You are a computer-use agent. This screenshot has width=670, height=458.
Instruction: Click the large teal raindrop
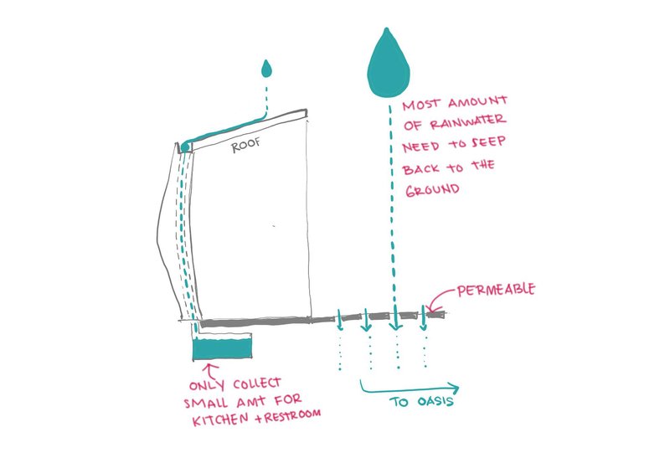[x=386, y=65]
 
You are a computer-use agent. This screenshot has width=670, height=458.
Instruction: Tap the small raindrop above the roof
[x=266, y=69]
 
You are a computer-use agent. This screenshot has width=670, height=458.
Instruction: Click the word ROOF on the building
[x=245, y=144]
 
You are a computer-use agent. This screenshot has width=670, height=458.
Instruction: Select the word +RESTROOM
[x=285, y=414]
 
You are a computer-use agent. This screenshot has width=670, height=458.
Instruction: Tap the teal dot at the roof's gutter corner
[x=185, y=149]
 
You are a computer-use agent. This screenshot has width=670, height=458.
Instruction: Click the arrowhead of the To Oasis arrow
[x=454, y=388]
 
